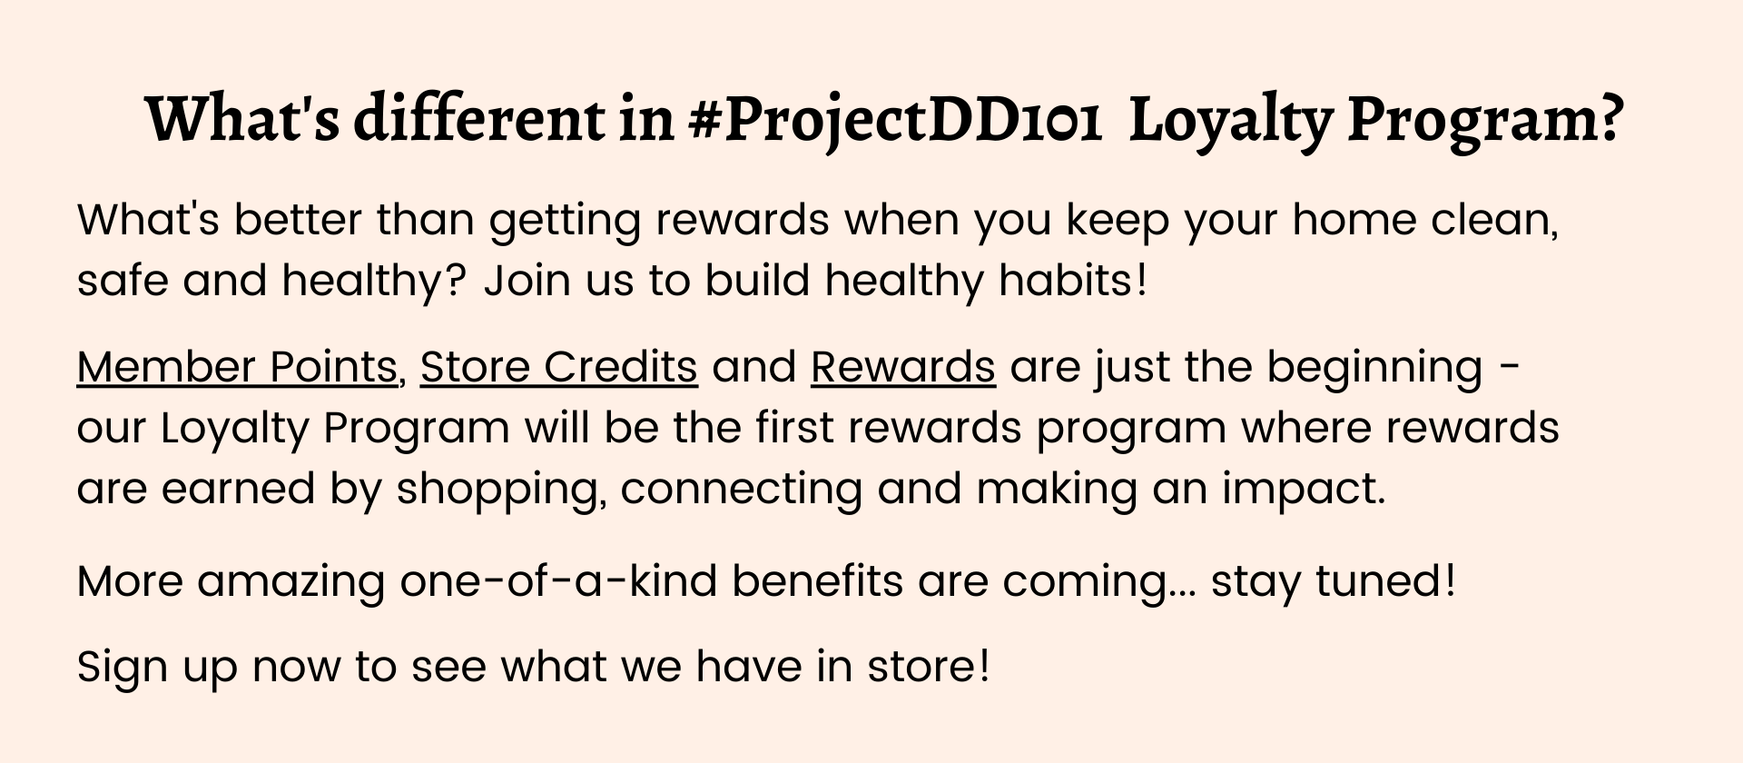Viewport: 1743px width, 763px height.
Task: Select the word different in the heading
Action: (x=478, y=120)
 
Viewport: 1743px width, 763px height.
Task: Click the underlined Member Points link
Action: (x=237, y=367)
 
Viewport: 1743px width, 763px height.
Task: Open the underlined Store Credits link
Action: (x=559, y=367)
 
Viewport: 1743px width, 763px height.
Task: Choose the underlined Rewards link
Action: (x=903, y=367)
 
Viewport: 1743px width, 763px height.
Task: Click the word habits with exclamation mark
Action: (x=1073, y=280)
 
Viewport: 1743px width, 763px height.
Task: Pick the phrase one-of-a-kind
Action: (x=558, y=580)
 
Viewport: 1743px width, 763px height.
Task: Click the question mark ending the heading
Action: (x=1608, y=118)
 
